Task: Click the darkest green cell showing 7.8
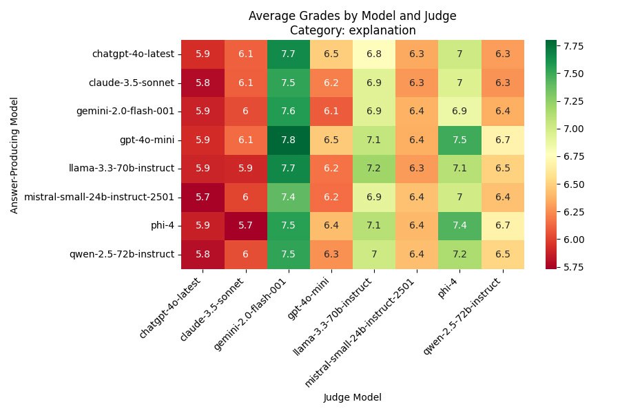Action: pos(288,140)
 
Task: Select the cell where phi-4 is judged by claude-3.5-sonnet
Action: pos(245,226)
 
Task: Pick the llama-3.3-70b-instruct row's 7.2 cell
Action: pos(373,169)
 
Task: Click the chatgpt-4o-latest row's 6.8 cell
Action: pos(373,54)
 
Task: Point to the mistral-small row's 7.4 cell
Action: pos(288,197)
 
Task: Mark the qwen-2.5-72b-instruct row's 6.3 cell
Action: pos(331,255)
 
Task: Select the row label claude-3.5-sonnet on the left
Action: pos(132,83)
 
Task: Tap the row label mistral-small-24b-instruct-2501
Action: pos(99,197)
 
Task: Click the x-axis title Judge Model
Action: pos(352,397)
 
